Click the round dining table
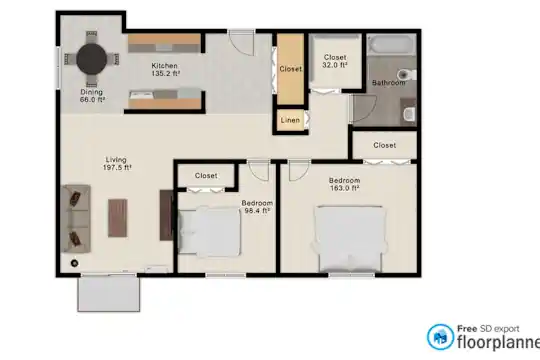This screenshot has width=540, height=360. point(92,59)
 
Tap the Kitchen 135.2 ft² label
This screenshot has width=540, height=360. point(165,69)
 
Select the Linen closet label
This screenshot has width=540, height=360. point(290,120)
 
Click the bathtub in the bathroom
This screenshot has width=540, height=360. point(392,44)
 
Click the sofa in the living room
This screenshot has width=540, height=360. point(76,219)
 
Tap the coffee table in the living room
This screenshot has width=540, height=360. point(118,218)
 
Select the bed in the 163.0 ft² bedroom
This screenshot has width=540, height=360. point(350,239)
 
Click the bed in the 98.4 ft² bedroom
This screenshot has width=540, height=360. point(209,232)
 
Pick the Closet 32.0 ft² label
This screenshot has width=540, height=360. point(335,61)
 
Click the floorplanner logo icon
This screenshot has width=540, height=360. point(440,337)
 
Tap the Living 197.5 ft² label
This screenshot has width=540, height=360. point(117,164)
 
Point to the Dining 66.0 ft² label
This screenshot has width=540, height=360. point(92,96)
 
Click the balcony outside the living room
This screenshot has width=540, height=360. point(109,294)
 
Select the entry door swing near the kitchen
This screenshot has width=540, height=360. point(241,43)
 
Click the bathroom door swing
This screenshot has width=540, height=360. point(364,109)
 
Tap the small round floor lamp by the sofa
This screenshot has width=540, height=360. point(74,263)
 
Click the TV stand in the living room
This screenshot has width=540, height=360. point(167,215)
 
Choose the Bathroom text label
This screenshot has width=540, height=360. point(388,83)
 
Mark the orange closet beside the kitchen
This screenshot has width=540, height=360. point(291,69)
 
